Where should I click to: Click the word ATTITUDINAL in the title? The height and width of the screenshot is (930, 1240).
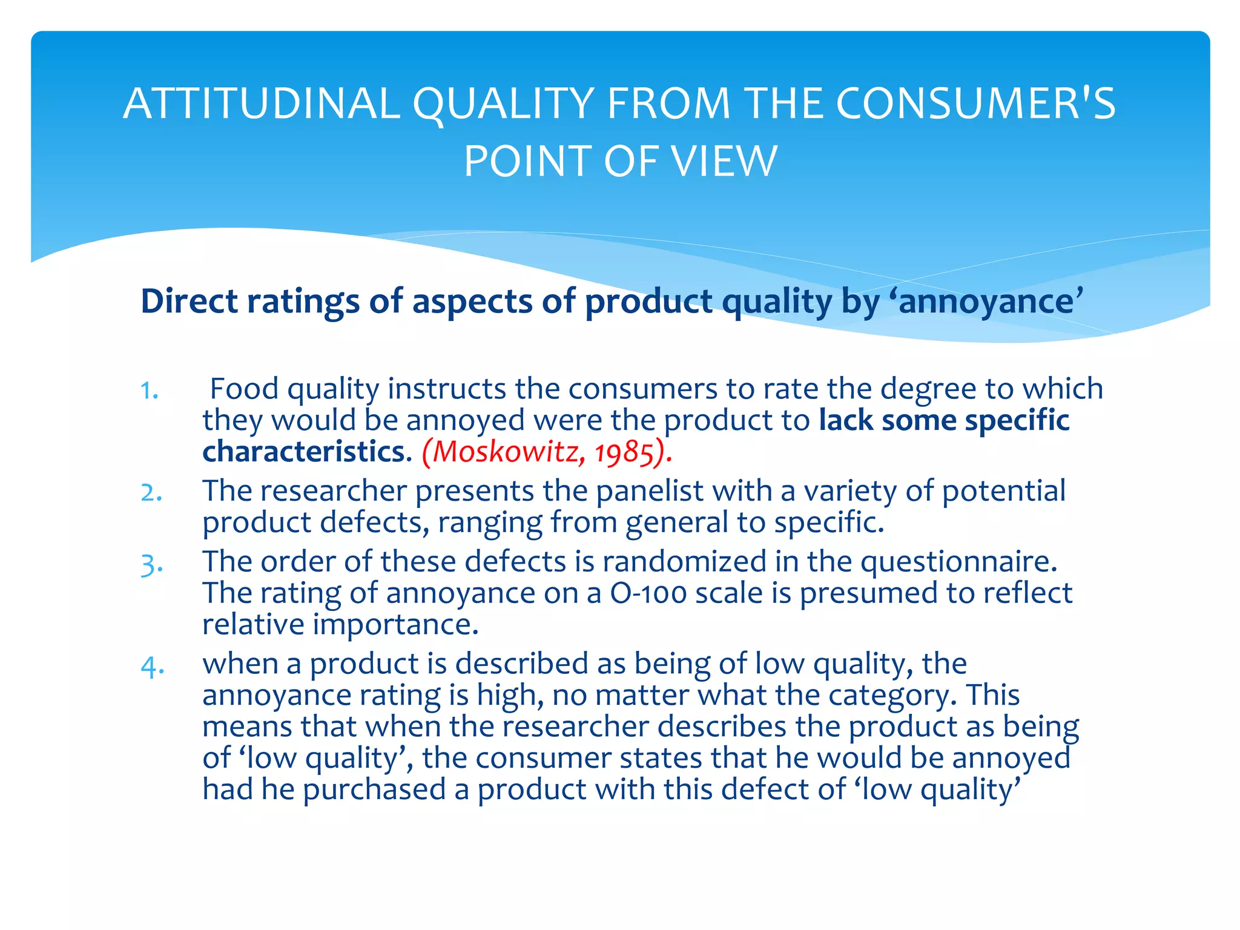click(262, 104)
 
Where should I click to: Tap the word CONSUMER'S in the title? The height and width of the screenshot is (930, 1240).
click(976, 104)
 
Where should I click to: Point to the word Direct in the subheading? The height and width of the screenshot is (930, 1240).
click(189, 301)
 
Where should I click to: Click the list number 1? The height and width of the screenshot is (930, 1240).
click(149, 391)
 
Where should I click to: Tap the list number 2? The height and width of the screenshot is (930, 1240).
click(151, 492)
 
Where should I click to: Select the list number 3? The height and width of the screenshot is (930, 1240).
click(151, 564)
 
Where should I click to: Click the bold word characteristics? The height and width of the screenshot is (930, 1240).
click(303, 452)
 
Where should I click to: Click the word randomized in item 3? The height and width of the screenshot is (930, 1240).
click(684, 561)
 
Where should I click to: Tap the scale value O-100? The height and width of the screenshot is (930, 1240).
click(648, 593)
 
